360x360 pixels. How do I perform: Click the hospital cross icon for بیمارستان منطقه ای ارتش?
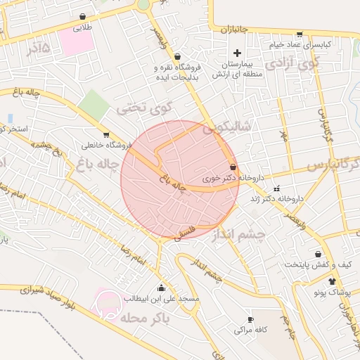[x=237, y=53]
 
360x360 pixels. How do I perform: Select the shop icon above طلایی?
[x=84, y=17]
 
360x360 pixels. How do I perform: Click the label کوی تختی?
[x=143, y=110]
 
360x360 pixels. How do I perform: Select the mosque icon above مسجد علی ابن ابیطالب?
[x=162, y=287]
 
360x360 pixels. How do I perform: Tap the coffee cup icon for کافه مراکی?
[x=250, y=319]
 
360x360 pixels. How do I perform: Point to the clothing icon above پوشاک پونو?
[x=332, y=281]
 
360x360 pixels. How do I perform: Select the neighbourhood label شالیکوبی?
[x=226, y=129]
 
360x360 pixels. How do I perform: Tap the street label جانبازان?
[x=236, y=30]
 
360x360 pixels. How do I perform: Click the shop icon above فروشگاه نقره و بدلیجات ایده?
[x=176, y=56]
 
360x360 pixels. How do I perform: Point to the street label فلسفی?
[x=182, y=233]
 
